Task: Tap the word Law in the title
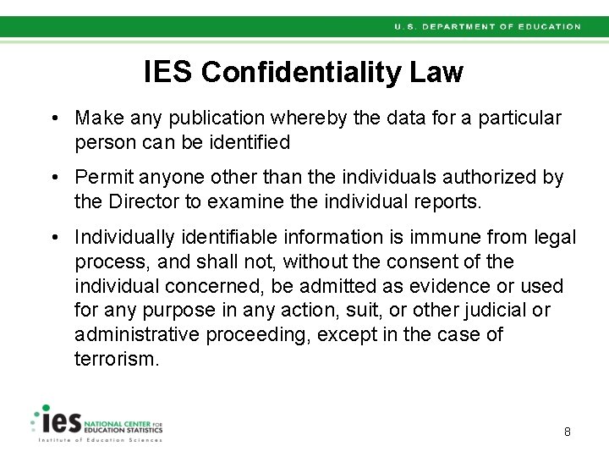pyautogui.click(x=436, y=73)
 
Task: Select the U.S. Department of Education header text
pyautogui.click(x=487, y=27)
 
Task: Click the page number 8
pyautogui.click(x=568, y=432)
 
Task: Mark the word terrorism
pyautogui.click(x=116, y=359)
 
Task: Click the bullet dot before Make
pyautogui.click(x=53, y=118)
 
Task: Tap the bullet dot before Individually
pyautogui.click(x=53, y=238)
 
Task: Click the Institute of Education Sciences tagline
pyautogui.click(x=99, y=441)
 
